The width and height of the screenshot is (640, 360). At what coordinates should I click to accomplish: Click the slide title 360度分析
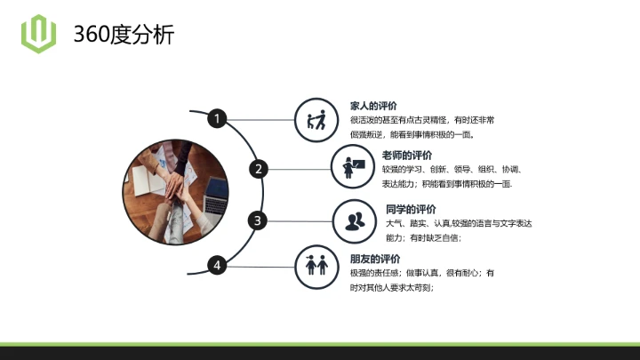coord(124,35)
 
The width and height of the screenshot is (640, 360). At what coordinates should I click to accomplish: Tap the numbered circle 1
coord(217,117)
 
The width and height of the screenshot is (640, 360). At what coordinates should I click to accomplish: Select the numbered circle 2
coord(259,168)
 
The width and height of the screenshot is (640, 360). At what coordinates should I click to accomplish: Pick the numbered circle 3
coord(258,220)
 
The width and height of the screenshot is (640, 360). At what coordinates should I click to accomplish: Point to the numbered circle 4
coord(217,264)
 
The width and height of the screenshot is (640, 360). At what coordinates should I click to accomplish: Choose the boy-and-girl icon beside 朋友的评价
coord(316,264)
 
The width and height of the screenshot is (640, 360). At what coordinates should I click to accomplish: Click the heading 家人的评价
coord(374,106)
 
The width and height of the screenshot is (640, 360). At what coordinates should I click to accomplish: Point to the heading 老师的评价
coord(408,155)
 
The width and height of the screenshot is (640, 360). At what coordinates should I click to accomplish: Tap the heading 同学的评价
coord(411,209)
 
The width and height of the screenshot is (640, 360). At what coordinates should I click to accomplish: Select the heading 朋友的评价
coord(374,259)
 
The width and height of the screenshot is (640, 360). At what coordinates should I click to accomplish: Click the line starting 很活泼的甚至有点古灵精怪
coord(422,120)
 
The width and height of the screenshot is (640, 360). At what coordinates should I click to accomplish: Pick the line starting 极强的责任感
coord(421,273)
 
